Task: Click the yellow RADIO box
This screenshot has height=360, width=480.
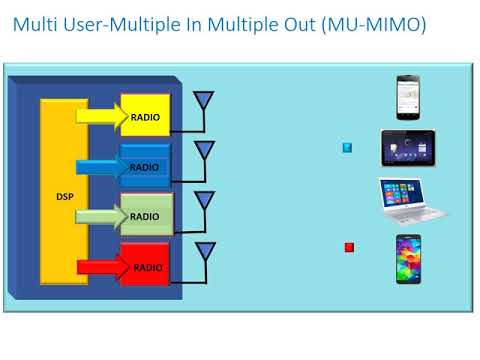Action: (145, 117)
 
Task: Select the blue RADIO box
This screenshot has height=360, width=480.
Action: (146, 166)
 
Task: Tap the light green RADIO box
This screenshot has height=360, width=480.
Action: (146, 215)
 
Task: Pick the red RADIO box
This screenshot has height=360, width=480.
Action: (146, 266)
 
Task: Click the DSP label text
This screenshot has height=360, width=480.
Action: (64, 196)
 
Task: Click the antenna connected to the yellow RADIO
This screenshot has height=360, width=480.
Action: (204, 101)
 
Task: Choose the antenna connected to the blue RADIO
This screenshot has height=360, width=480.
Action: (204, 150)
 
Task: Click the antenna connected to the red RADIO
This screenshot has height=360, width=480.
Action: (204, 250)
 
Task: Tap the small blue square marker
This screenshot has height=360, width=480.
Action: (347, 147)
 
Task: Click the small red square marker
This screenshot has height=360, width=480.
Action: (349, 247)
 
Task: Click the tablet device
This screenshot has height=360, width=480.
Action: (407, 148)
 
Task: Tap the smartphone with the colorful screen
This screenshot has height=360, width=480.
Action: (408, 258)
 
